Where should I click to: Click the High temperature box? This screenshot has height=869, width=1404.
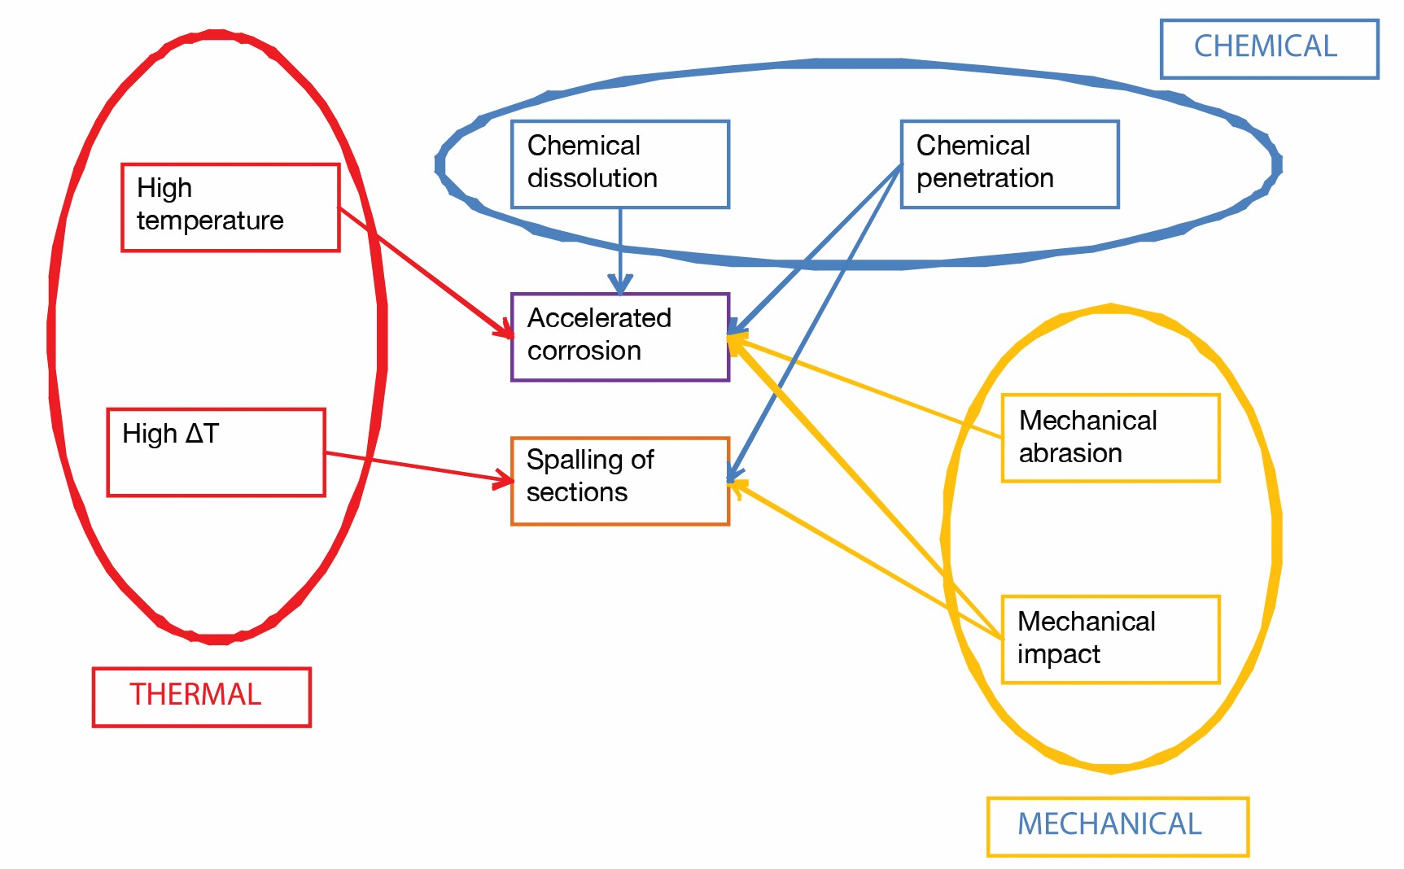[230, 207]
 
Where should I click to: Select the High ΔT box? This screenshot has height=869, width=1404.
[216, 452]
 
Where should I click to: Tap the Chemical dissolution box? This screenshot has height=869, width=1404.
[619, 164]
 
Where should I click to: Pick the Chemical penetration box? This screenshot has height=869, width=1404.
[1009, 164]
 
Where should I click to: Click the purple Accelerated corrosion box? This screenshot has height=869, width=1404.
[619, 337]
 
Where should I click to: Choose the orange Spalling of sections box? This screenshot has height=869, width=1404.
[619, 481]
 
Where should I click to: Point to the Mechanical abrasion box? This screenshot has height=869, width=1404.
[1110, 438]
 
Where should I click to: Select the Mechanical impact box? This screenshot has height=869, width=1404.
[1110, 639]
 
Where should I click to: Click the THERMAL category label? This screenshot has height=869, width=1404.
[201, 697]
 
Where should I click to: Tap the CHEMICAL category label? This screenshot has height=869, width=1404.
[1268, 48]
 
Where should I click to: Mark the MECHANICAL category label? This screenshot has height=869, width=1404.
[1117, 826]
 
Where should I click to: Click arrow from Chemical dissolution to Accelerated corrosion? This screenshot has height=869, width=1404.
[620, 248]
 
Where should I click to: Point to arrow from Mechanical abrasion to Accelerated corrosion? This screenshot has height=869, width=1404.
[871, 389]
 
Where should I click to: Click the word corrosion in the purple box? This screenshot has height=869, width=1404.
[584, 351]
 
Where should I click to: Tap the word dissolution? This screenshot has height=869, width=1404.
[592, 178]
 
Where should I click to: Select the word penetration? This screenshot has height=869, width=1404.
[984, 178]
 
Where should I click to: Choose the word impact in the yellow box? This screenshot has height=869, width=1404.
[1058, 654]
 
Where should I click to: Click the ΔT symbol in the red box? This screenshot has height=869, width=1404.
[202, 433]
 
